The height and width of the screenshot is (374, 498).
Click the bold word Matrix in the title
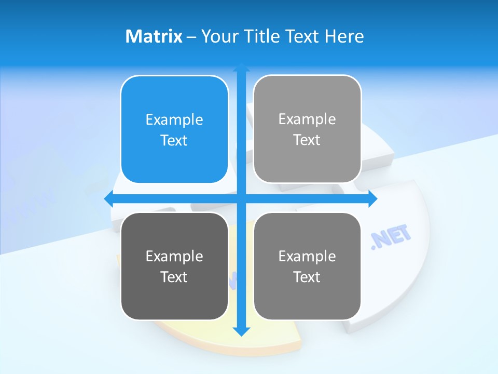coord(154,36)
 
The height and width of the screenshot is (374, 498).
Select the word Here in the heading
coord(344,36)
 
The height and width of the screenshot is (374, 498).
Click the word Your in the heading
coord(220,36)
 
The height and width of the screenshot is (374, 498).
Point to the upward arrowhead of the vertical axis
coord(241,66)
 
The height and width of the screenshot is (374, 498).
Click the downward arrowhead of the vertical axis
coord(241,331)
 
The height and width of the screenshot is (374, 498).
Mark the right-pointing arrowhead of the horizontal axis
coord(373,198)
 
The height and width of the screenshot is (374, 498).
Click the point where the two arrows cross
coord(241,198)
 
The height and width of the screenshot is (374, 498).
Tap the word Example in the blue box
coord(174,120)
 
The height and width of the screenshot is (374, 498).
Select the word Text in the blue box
coord(174,141)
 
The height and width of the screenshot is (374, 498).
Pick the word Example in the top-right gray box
coord(307,119)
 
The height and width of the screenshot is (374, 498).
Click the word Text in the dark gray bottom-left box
coord(174,277)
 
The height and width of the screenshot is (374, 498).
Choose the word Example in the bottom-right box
coord(307,256)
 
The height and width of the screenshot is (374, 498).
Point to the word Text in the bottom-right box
coord(307,277)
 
